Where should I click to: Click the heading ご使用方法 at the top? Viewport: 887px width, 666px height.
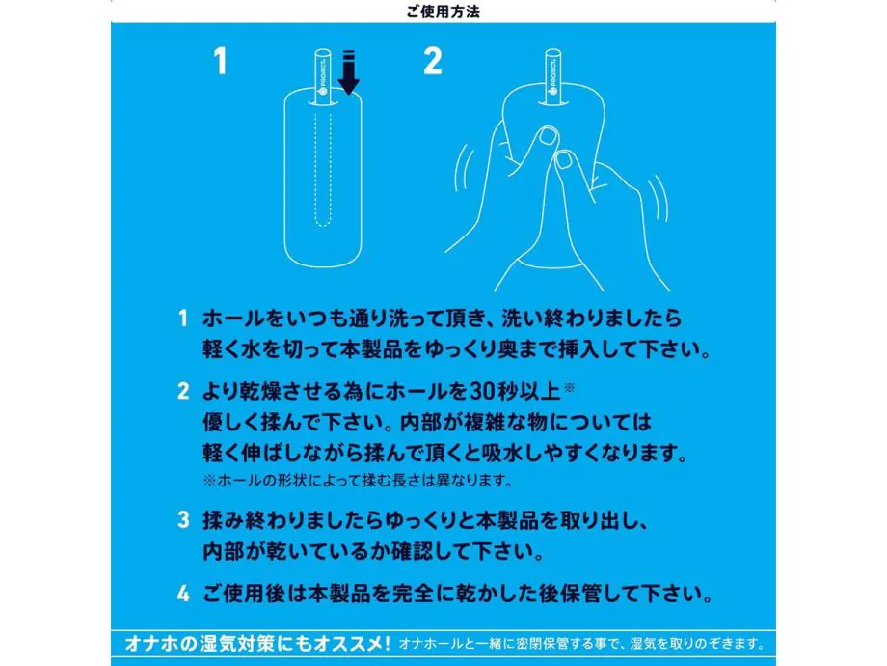[443, 12]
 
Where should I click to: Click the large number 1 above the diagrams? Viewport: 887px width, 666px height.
[220, 61]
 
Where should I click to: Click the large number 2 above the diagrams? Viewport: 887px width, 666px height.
[433, 61]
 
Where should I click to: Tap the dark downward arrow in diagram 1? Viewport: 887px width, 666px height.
[349, 72]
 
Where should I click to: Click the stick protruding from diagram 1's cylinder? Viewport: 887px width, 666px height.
[322, 77]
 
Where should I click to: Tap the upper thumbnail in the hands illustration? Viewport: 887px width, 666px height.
[548, 136]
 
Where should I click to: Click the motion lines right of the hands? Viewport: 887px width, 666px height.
[658, 198]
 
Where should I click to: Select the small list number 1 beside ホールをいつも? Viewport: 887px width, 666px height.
[182, 319]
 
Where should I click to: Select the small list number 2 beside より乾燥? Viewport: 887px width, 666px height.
[183, 391]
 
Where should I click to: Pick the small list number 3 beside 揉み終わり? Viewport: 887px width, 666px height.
[183, 520]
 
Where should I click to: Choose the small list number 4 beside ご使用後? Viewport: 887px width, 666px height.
[183, 594]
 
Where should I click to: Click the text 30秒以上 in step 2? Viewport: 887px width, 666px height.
[515, 391]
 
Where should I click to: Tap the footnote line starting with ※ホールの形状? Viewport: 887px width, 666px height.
[358, 481]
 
